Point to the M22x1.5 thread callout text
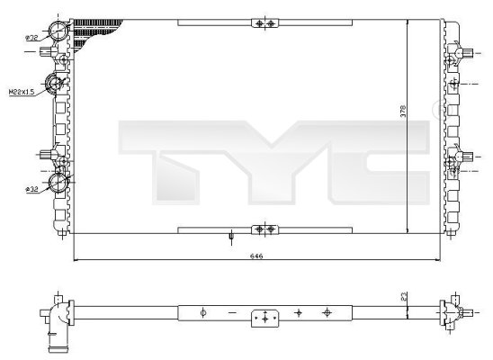click(x=22, y=92)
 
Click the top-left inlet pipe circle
click(x=59, y=31)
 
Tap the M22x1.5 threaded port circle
click(x=55, y=85)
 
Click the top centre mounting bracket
click(x=261, y=22)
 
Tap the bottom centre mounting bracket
click(x=261, y=229)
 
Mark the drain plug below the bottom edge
click(x=231, y=238)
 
